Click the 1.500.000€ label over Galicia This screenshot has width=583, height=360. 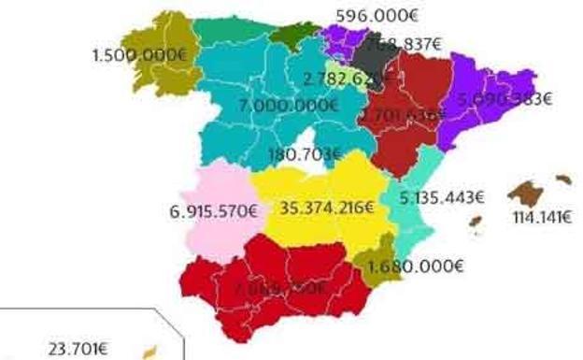coord(140,54)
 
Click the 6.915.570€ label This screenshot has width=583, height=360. coord(214,211)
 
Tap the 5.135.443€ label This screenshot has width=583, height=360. coord(442,197)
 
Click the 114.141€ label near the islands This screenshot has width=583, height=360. coord(543,219)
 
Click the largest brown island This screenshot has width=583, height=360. coord(528,194)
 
